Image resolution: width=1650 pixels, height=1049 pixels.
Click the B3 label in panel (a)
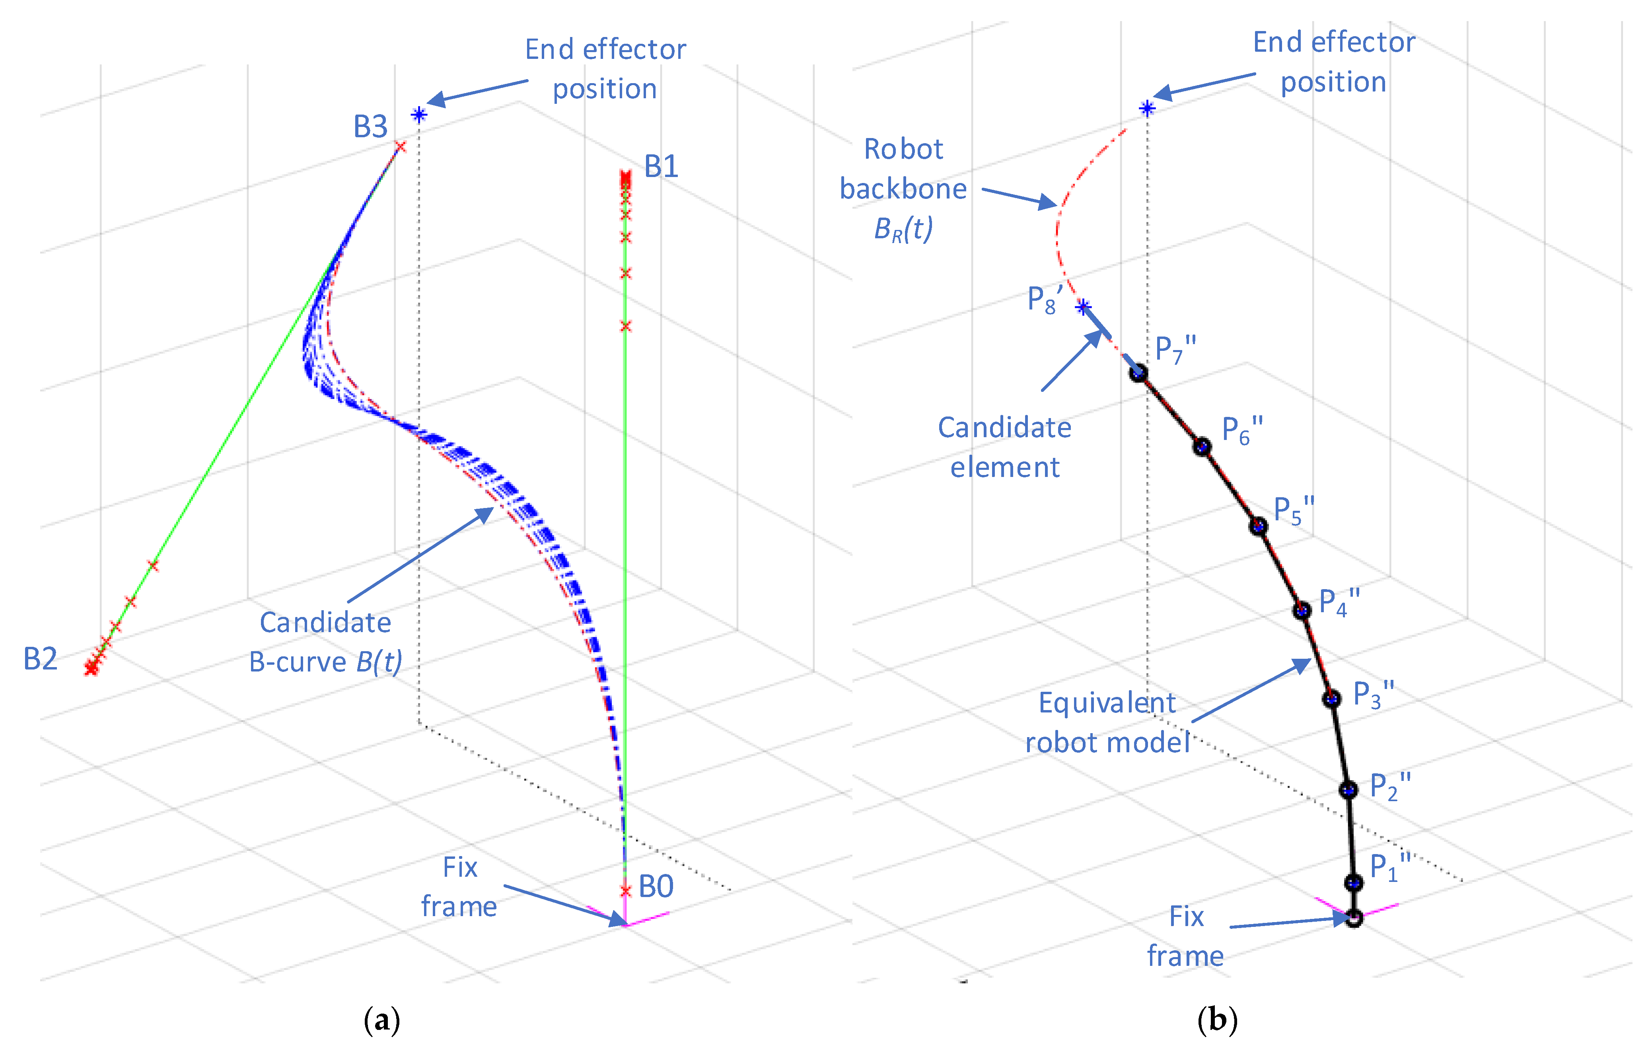pos(370,127)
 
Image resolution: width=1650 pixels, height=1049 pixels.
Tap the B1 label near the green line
pos(661,167)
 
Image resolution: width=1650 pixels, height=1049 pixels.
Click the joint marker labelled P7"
pos(1138,373)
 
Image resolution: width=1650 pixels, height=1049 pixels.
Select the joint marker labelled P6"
pos(1202,447)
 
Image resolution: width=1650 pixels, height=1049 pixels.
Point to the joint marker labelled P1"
pos(1352,882)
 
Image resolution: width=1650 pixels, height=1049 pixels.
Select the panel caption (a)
pos(381,1020)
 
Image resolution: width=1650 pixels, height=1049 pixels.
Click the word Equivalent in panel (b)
pos(1107,703)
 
